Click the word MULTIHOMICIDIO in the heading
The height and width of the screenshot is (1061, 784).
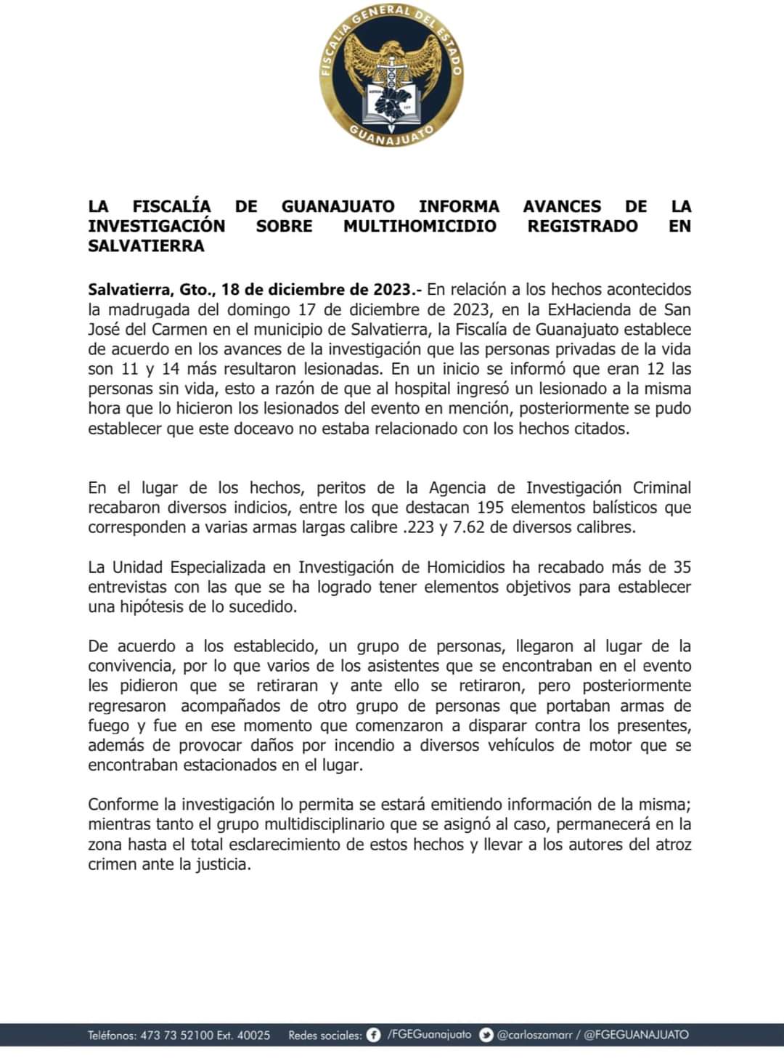point(420,226)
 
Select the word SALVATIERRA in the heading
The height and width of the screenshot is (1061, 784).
point(146,245)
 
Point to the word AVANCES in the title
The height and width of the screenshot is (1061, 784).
point(562,206)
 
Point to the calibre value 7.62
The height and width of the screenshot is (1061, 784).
point(469,527)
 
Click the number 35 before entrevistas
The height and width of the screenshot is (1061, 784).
point(682,567)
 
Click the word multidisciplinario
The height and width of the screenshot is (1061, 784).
point(324,824)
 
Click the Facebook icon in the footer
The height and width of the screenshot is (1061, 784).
point(374,1035)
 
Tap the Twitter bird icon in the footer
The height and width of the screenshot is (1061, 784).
point(486,1035)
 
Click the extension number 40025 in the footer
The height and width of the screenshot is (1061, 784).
point(253,1035)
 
